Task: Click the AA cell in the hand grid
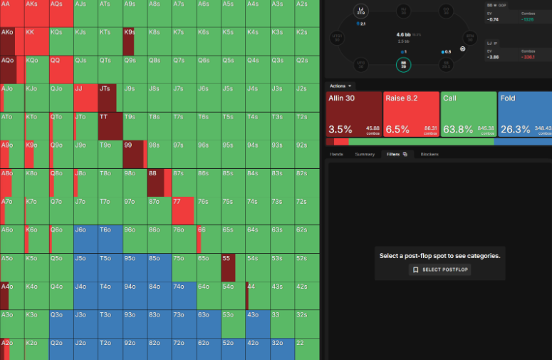click(x=12, y=14)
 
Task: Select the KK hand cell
click(x=36, y=42)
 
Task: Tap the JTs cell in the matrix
click(x=110, y=98)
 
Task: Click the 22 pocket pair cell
click(x=306, y=349)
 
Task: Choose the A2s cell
click(x=306, y=14)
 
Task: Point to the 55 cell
click(x=232, y=267)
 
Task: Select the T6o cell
click(x=110, y=239)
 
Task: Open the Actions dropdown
click(x=341, y=86)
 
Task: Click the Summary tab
click(x=365, y=154)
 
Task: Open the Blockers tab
click(x=429, y=154)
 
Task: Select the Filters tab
click(x=395, y=154)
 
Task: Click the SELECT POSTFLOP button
click(x=439, y=270)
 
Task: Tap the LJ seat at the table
click(x=360, y=11)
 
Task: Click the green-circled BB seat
click(x=403, y=65)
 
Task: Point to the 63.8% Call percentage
click(x=458, y=129)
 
